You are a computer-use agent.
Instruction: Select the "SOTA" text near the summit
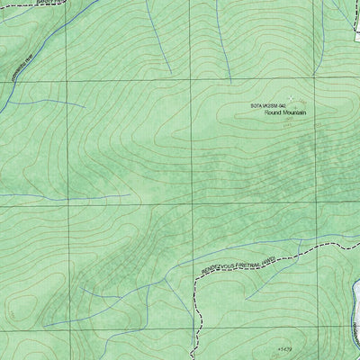click(x=257, y=106)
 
